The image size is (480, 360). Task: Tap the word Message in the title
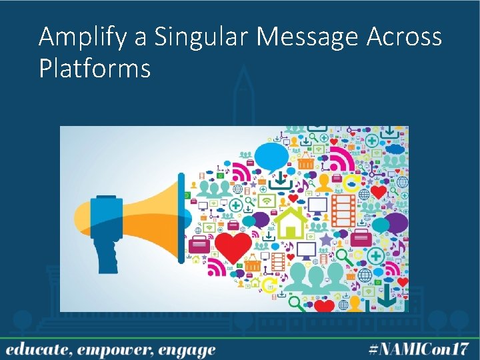(309, 37)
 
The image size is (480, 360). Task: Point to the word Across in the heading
(404, 37)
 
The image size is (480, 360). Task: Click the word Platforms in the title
(95, 68)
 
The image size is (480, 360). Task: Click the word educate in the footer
(37, 349)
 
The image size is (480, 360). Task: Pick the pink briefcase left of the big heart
(199, 245)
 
